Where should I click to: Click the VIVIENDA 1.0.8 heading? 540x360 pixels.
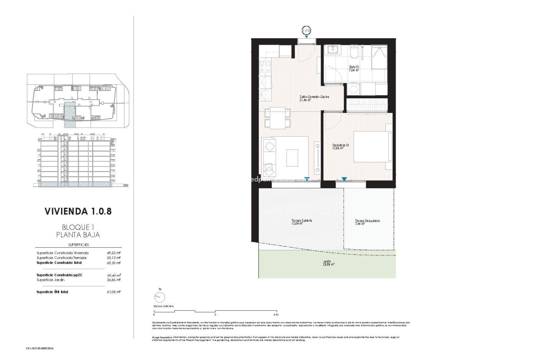(78, 211)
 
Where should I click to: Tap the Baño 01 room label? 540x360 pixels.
(354, 69)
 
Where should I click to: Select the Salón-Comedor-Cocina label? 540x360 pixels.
(314, 98)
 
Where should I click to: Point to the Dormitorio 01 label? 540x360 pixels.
(341, 147)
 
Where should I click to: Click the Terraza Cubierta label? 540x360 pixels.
(301, 222)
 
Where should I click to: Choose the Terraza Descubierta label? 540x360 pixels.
(367, 222)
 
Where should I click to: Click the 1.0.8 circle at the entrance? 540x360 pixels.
(306, 30)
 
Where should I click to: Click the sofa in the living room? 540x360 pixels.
(269, 157)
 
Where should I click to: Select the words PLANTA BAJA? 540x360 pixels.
(78, 235)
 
